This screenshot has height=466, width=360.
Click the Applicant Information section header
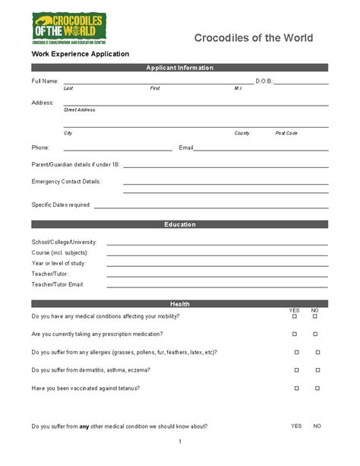point(179,68)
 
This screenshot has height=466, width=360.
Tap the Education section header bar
point(179,224)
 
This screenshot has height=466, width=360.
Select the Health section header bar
point(179,303)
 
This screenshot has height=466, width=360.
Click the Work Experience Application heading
point(80,54)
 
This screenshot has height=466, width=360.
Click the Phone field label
point(40,147)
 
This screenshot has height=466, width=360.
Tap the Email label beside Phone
point(186,147)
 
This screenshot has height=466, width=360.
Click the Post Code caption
point(286,133)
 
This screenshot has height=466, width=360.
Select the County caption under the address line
point(242,133)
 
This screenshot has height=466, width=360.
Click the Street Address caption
point(79,109)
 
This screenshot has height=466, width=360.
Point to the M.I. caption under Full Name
point(238,88)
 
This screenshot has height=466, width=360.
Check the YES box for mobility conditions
point(295,316)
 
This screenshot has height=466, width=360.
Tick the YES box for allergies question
point(295,352)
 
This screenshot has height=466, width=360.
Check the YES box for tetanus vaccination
point(295,388)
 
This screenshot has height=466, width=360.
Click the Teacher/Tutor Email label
point(57,284)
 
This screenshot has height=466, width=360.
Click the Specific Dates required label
point(61,204)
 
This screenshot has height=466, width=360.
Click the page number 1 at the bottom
point(179,442)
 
